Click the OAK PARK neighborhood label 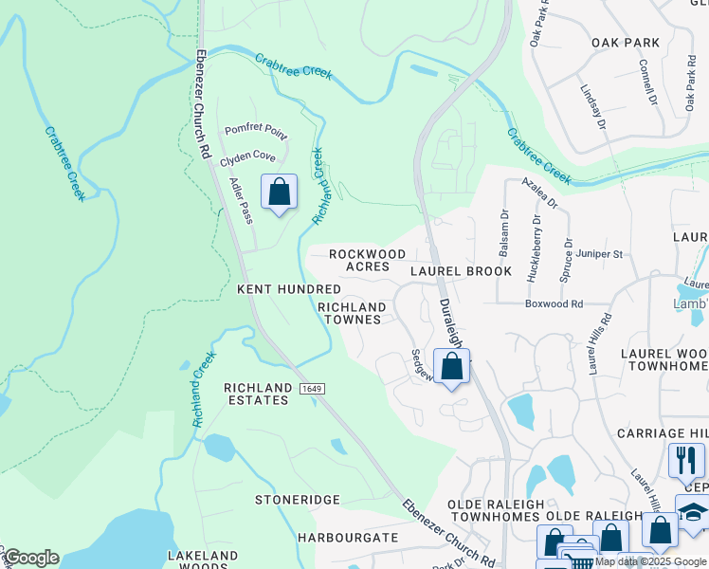coord(625,43)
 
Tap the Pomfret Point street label coord(255,130)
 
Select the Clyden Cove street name coord(247,156)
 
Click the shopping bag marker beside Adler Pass coord(279,193)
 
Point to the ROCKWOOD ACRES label coord(367,261)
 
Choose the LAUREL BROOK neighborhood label coord(461,271)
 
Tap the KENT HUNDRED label coord(288,288)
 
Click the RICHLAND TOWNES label coord(352,314)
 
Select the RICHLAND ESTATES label coord(257,394)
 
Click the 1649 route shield coord(311,390)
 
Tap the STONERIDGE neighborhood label coord(297,499)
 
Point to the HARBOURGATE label coord(348,538)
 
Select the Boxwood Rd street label coord(554,304)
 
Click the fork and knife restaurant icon coord(686,461)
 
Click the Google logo coord(30,558)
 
